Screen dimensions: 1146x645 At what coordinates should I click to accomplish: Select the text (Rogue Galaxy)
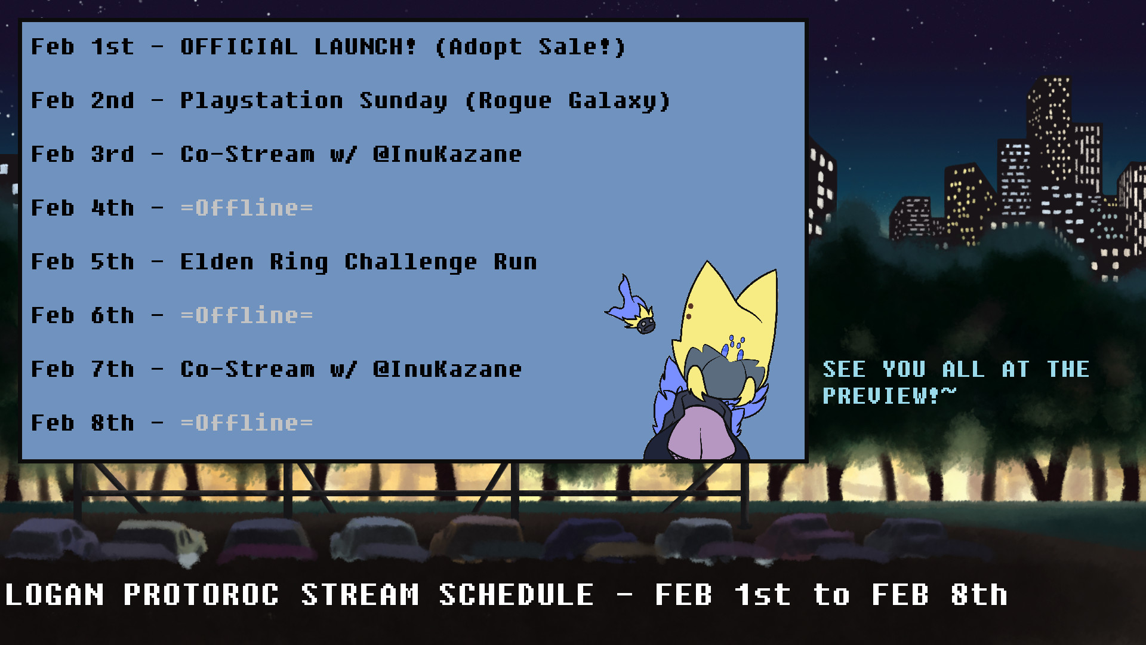pyautogui.click(x=568, y=101)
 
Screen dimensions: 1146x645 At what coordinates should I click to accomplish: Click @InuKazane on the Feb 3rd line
pyautogui.click(x=447, y=154)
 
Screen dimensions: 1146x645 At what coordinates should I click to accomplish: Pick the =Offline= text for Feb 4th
pyautogui.click(x=247, y=208)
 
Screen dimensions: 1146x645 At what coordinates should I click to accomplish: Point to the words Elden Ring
pyautogui.click(x=254, y=262)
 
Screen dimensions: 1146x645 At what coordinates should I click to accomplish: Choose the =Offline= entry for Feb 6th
pyautogui.click(x=247, y=315)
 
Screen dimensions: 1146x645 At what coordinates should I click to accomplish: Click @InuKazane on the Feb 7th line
pyautogui.click(x=447, y=369)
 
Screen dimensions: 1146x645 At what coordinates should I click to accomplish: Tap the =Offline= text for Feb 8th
pyautogui.click(x=247, y=423)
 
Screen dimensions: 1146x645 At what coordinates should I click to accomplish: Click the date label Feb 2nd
pyautogui.click(x=82, y=100)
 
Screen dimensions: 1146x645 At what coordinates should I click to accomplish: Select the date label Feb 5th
pyautogui.click(x=82, y=262)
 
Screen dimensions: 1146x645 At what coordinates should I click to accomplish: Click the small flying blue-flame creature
pyautogui.click(x=632, y=306)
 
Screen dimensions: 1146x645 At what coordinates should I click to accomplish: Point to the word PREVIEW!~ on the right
pyautogui.click(x=889, y=395)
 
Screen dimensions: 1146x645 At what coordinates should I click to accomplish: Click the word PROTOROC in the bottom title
pyautogui.click(x=201, y=595)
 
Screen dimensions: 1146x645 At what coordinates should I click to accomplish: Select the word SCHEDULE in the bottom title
pyautogui.click(x=516, y=595)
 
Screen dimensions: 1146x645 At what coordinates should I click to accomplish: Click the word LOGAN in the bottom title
pyautogui.click(x=54, y=595)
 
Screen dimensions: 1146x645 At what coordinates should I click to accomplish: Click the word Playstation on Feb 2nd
pyautogui.click(x=261, y=101)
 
